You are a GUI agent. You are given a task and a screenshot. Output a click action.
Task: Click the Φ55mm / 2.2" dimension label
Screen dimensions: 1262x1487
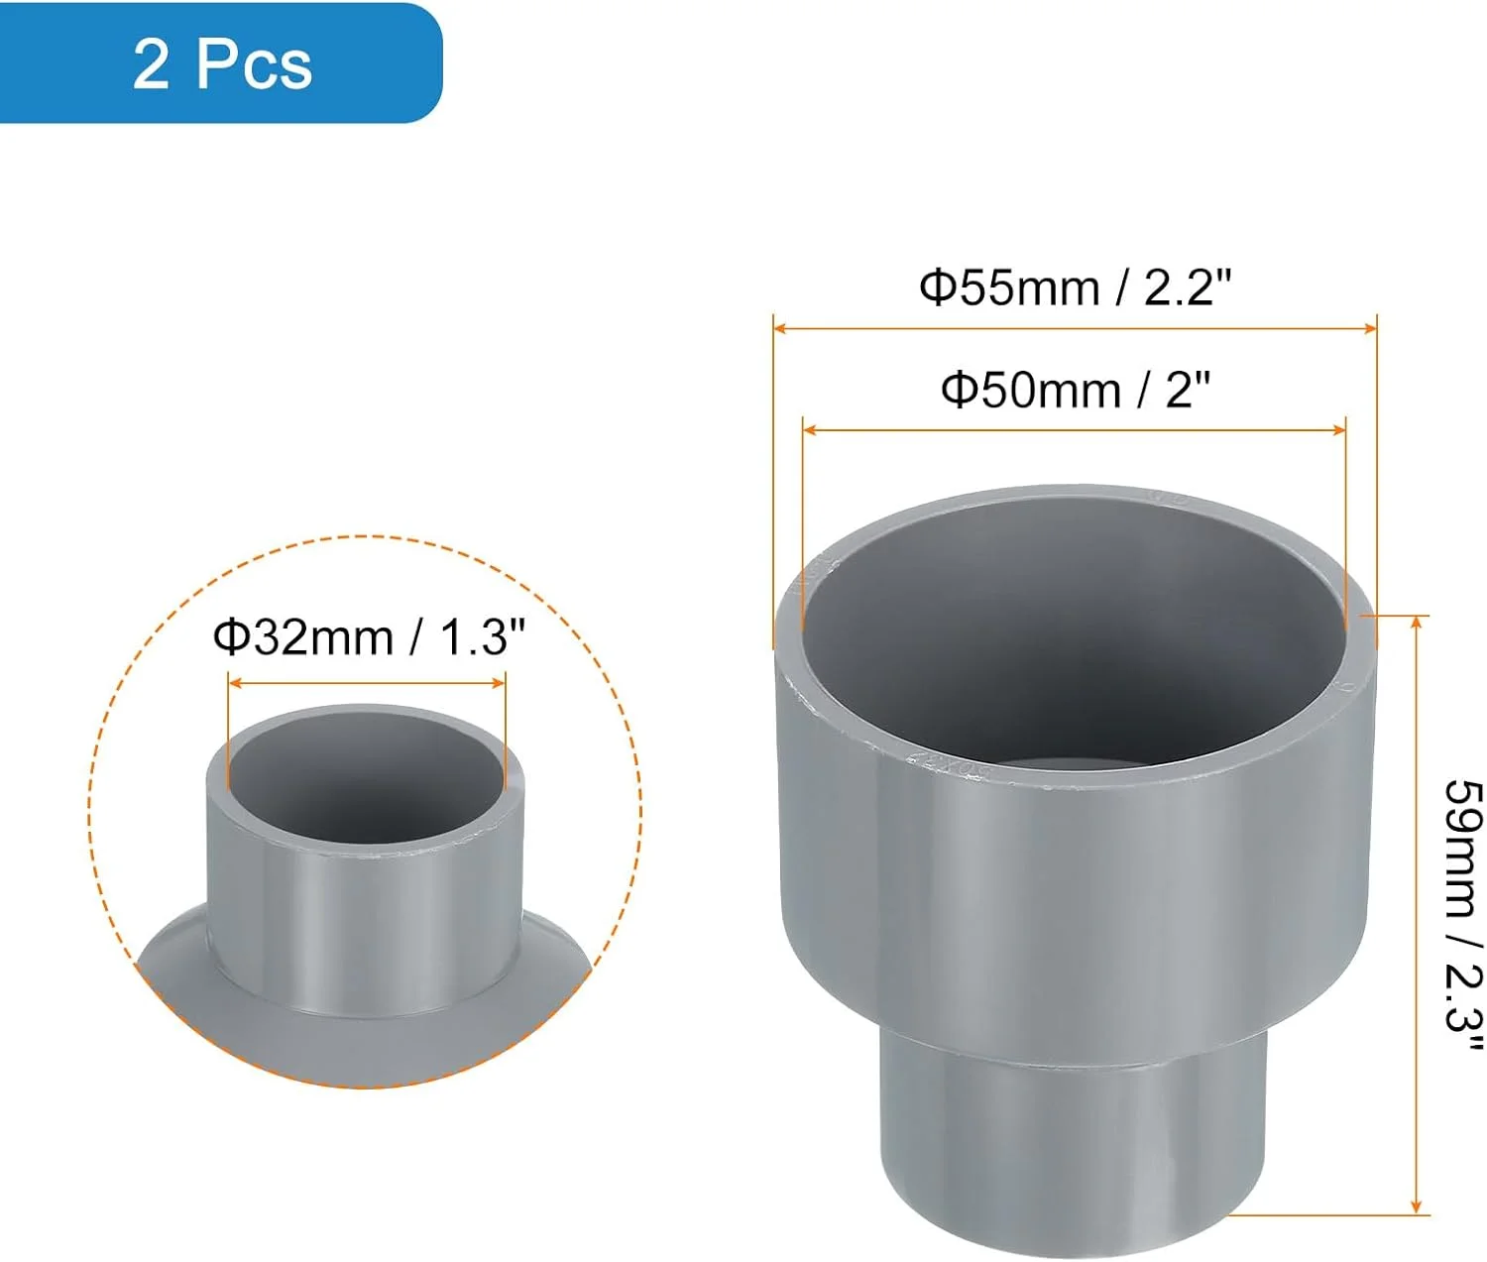point(1075,288)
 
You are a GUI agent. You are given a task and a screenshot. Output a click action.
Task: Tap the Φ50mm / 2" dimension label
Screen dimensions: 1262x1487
point(1075,391)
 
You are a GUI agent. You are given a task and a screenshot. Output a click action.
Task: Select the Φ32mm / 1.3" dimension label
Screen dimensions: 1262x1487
point(368,636)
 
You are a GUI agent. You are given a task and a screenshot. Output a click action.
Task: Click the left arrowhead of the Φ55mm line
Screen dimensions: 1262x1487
point(779,328)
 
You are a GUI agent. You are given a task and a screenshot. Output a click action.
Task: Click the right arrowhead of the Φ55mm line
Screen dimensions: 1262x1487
point(1371,328)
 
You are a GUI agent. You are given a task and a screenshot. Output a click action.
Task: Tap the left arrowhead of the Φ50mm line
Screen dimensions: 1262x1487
point(809,430)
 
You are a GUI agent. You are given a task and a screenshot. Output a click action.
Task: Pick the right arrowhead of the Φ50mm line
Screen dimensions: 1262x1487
point(1340,430)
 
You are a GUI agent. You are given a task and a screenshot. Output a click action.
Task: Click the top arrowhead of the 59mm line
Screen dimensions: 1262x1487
point(1418,622)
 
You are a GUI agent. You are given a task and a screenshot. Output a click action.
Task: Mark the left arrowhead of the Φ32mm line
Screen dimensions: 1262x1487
point(234,682)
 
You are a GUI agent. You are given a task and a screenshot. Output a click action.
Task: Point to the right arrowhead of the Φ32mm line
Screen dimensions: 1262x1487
point(500,682)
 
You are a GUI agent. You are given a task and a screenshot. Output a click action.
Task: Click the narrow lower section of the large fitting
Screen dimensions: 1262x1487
point(1073,1140)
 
